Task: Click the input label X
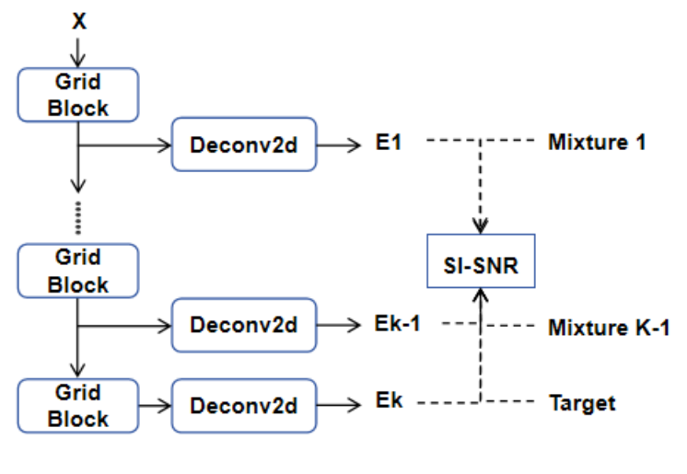click(x=79, y=21)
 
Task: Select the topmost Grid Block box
click(x=78, y=95)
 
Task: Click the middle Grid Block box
click(x=78, y=270)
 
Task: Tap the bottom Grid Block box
click(x=78, y=405)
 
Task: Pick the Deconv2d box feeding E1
click(x=244, y=145)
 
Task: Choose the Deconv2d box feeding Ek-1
click(x=244, y=325)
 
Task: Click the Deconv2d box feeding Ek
click(x=244, y=405)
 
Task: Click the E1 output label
click(x=390, y=144)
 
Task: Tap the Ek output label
click(x=390, y=403)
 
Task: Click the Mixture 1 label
click(x=597, y=143)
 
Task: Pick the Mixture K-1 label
click(x=609, y=327)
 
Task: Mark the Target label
click(x=582, y=403)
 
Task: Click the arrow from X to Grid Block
click(x=79, y=51)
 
